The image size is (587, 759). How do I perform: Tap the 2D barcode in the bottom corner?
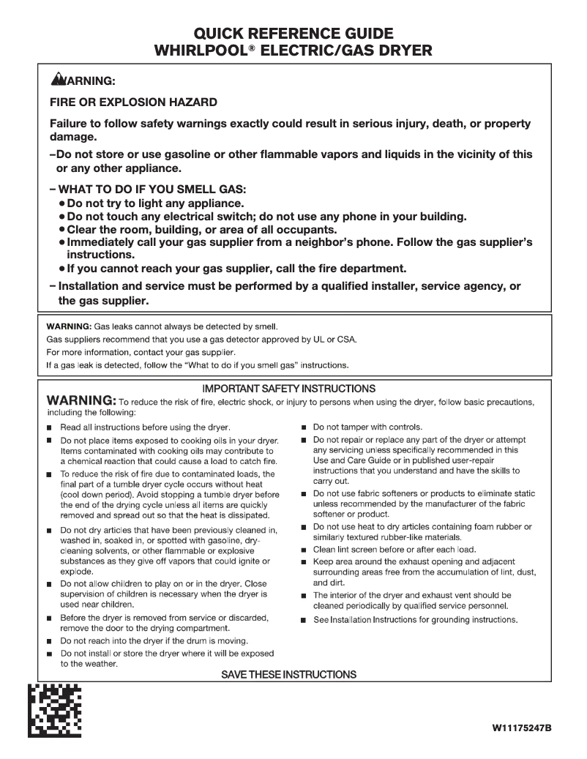point(54,710)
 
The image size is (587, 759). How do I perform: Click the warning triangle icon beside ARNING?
point(58,79)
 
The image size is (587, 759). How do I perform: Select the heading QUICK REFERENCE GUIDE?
point(293,34)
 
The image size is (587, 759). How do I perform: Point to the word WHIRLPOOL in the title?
point(205,51)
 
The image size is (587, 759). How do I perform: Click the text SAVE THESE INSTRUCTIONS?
point(288,674)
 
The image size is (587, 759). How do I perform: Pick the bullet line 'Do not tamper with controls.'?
point(367,427)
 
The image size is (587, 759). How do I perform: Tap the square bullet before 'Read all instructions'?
point(50,427)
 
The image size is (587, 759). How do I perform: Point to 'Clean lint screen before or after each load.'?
point(395,549)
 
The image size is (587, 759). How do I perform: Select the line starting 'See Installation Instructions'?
point(415,620)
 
